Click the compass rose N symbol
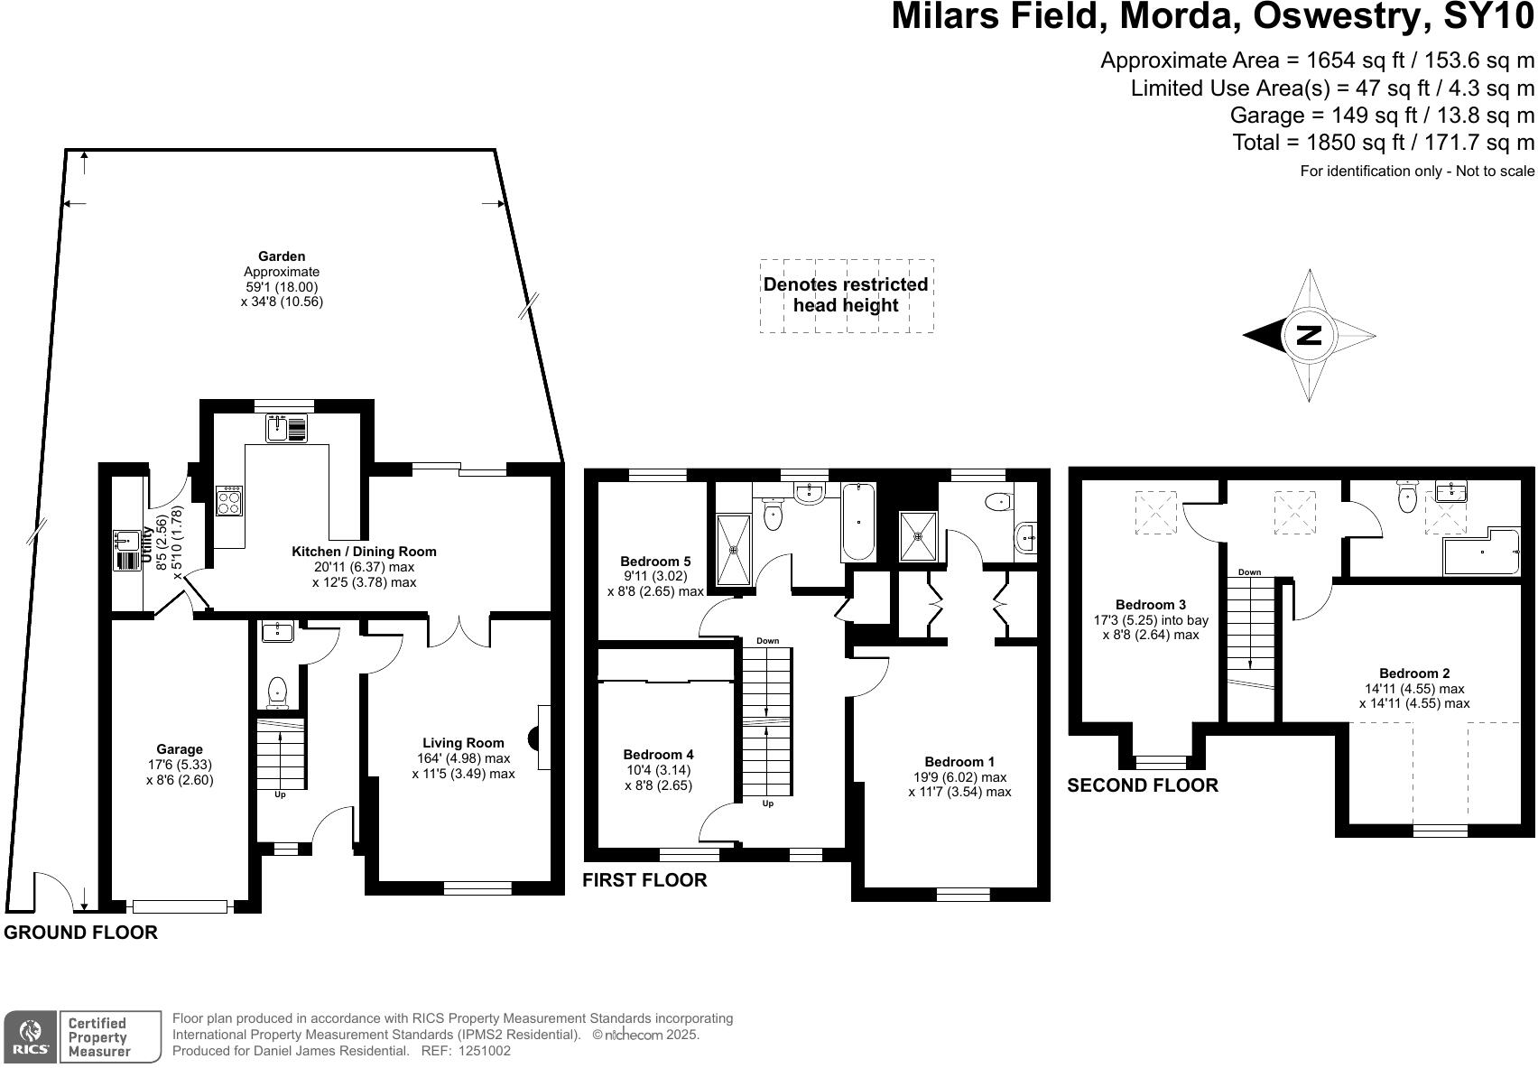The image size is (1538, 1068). tap(1308, 335)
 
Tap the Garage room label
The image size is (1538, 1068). tap(180, 749)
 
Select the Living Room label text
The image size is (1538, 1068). tap(462, 743)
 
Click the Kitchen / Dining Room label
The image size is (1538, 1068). tap(364, 552)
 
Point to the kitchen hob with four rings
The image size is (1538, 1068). tap(229, 500)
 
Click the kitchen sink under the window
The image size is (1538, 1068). tap(286, 428)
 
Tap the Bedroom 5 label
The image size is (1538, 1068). tap(655, 562)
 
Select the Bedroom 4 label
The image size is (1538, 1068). tap(658, 755)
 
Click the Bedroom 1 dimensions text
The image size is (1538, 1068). tap(959, 785)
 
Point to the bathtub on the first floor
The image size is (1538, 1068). tap(857, 522)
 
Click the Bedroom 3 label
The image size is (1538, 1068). tap(1151, 605)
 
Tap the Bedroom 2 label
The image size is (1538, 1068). tap(1414, 673)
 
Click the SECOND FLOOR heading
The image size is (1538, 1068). tap(1142, 785)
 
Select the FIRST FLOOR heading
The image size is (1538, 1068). tap(644, 880)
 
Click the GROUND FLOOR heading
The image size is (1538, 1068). tap(80, 933)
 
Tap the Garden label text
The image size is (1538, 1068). tap(282, 256)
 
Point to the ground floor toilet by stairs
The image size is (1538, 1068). tap(277, 693)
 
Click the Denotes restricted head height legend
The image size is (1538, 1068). tap(846, 295)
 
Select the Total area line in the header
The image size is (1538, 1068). tap(1383, 143)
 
